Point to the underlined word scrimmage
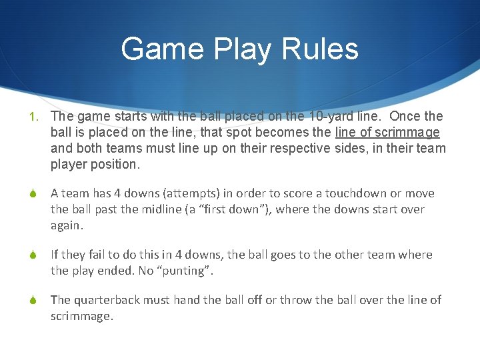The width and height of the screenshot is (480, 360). pyautogui.click(x=409, y=132)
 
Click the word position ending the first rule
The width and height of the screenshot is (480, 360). pyautogui.click(x=117, y=164)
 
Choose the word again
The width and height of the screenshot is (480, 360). pyautogui.click(x=67, y=225)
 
